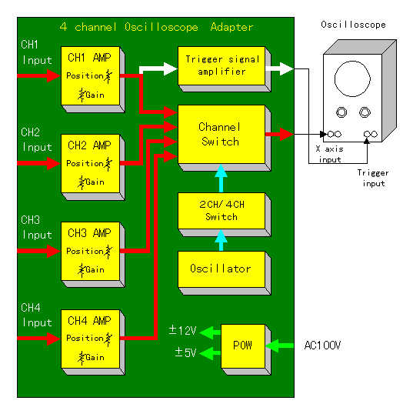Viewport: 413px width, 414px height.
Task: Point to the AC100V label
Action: (x=322, y=346)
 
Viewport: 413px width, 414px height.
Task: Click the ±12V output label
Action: (x=182, y=330)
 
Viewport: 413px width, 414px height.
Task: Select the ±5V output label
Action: (x=186, y=352)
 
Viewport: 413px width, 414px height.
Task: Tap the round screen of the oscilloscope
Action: (x=352, y=78)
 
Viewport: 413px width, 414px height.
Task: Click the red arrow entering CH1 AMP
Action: (x=39, y=75)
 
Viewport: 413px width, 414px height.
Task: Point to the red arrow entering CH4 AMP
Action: (x=39, y=339)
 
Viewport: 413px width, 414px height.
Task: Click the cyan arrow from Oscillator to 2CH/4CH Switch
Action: (x=221, y=240)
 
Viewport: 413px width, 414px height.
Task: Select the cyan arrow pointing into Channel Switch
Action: (x=221, y=179)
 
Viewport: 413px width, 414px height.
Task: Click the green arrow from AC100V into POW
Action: (x=280, y=346)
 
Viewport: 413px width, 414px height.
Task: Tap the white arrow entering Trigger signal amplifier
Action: (x=158, y=69)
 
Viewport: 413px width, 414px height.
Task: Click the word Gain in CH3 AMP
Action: (x=95, y=269)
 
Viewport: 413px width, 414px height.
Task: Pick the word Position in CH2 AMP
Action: (x=85, y=163)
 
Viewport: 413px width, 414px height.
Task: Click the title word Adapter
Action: (x=231, y=27)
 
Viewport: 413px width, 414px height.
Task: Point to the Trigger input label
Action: (x=373, y=179)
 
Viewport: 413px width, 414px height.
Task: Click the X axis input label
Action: (x=330, y=155)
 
